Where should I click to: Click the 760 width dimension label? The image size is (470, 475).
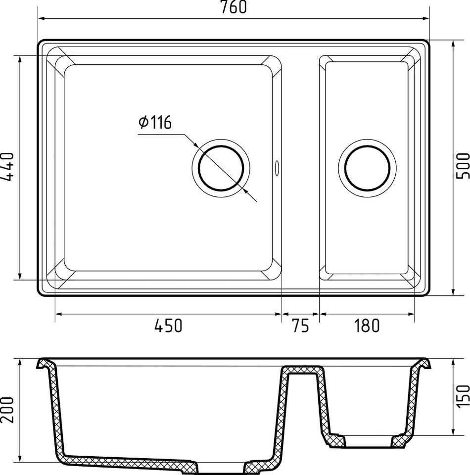pos(233,7)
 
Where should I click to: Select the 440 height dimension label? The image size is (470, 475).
pos(7,167)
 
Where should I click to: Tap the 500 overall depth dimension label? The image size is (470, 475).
pos(463,166)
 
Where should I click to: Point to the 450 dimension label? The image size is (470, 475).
pos(168,326)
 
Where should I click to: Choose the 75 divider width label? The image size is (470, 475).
pos(301,326)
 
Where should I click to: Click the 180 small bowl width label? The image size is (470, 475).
pos(367,326)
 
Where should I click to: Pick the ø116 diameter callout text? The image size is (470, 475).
pos(155,122)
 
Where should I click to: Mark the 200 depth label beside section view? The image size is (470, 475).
pos(7,410)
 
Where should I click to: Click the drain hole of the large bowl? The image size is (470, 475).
pos(221,168)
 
